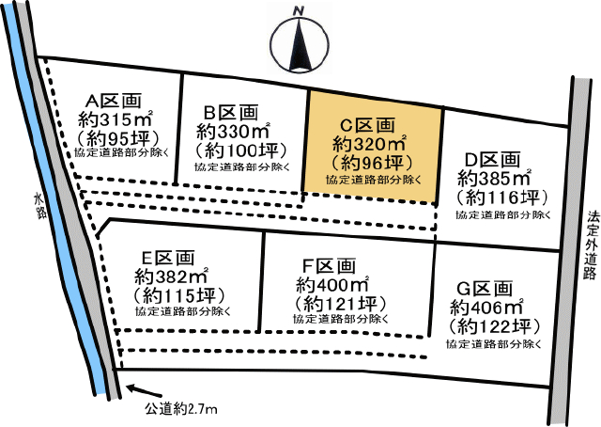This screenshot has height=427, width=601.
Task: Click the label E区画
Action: (x=169, y=257)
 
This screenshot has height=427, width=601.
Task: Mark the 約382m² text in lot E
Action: (x=170, y=277)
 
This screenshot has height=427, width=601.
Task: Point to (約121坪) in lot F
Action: (x=339, y=304)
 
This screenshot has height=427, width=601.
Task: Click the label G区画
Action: (x=487, y=288)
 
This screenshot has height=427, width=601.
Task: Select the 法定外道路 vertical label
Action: (x=590, y=244)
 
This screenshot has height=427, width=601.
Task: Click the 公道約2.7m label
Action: (x=183, y=409)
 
